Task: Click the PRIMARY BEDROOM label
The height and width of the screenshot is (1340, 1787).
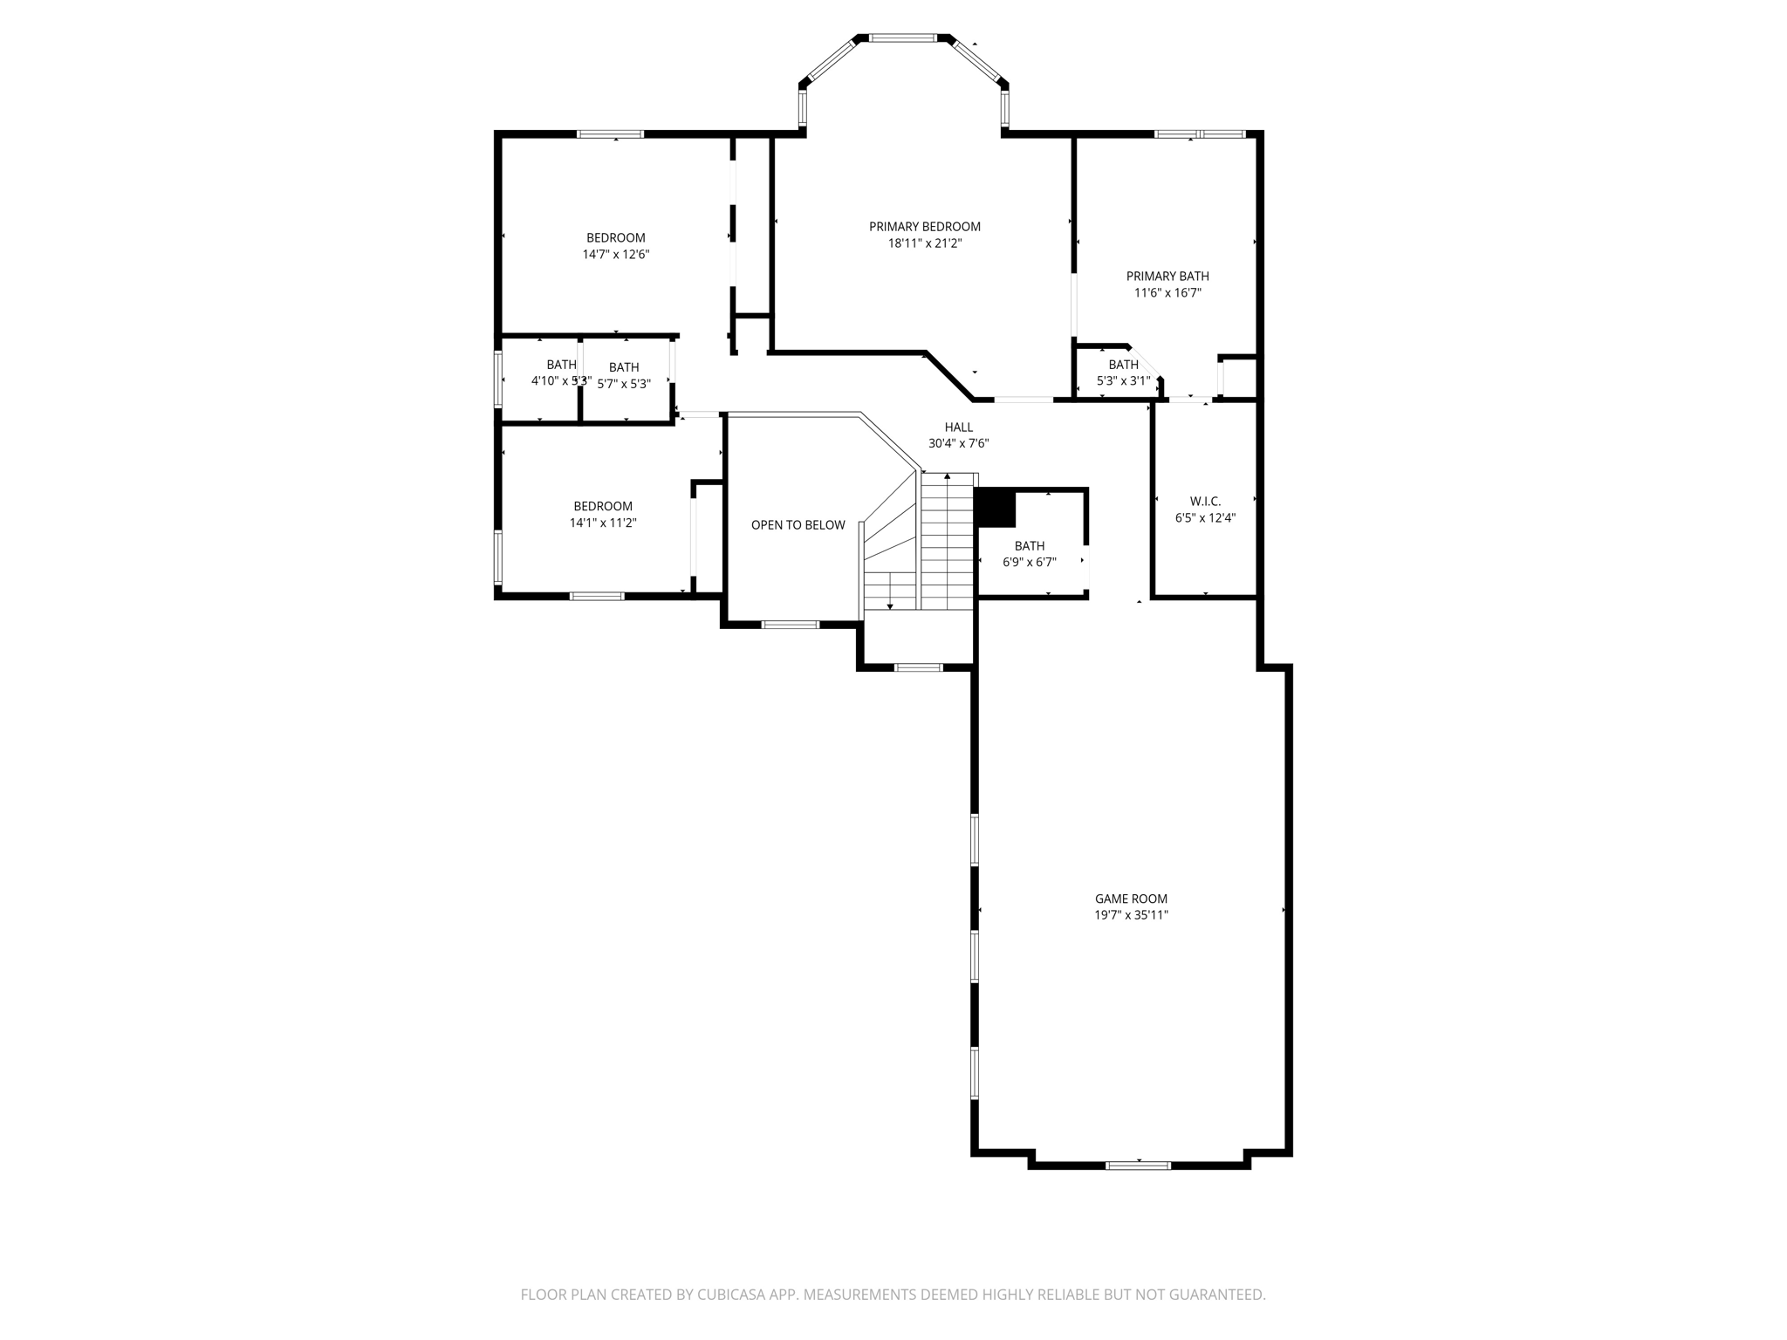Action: [924, 227]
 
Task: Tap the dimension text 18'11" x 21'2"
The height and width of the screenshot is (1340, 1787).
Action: [924, 243]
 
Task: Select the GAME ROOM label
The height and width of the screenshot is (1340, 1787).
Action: [1131, 899]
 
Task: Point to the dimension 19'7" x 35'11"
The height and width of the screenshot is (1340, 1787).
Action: [1131, 915]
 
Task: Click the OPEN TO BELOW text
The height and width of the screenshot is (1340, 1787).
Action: [798, 525]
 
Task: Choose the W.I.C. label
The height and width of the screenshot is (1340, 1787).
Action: [1205, 501]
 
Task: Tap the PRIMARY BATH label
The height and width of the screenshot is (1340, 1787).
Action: [1167, 277]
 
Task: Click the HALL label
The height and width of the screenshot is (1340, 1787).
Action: [958, 427]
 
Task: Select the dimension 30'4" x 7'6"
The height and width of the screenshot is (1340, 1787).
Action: [958, 443]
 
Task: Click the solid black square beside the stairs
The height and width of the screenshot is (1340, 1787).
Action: [995, 508]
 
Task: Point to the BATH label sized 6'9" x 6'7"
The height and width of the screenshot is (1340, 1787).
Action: [1030, 546]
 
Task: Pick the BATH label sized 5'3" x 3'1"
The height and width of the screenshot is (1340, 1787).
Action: [1123, 365]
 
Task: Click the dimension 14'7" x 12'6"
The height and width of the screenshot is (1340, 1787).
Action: [616, 255]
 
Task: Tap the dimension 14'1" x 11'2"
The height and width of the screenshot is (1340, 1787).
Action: [603, 523]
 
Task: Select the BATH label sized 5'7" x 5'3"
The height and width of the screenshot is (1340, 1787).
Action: [624, 367]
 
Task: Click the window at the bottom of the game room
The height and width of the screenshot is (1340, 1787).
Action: [1138, 1165]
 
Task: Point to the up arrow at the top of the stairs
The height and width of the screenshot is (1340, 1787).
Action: [948, 476]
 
